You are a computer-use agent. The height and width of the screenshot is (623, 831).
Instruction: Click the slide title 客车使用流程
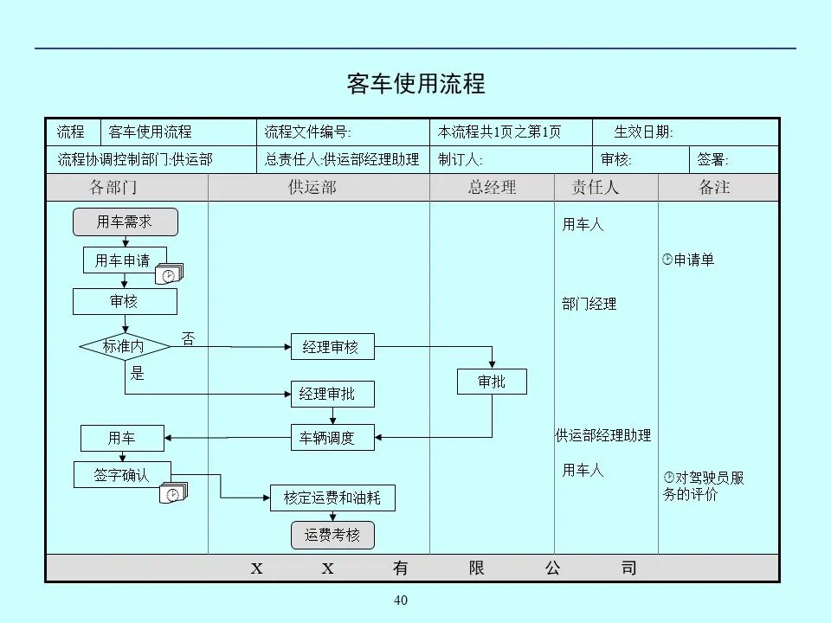point(415,84)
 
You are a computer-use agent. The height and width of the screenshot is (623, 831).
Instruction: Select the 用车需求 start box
point(125,222)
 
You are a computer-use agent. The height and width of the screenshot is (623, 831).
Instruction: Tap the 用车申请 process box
point(122,260)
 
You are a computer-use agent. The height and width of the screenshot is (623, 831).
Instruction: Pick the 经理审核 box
point(331,347)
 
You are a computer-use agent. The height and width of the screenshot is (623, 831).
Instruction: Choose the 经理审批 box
point(332,395)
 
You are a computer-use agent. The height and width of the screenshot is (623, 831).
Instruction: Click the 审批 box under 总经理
point(492,382)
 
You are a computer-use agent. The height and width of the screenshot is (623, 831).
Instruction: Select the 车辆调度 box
point(332,438)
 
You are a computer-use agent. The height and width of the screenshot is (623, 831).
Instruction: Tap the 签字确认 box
point(122,475)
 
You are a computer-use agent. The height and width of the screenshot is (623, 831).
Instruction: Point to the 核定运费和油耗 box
point(332,498)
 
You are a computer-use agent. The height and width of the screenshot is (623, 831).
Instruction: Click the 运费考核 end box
point(332,536)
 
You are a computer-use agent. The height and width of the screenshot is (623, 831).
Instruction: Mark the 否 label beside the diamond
point(188,338)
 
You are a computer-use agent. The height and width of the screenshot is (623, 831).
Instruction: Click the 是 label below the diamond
point(138,374)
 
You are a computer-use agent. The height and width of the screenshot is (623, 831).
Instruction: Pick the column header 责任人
point(596,187)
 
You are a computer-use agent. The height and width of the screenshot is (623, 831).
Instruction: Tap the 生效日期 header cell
point(644,132)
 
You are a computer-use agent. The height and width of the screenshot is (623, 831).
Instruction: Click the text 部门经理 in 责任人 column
point(589,304)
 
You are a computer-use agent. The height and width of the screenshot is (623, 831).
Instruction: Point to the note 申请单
point(690,260)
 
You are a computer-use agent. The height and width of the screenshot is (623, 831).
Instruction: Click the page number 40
point(400,601)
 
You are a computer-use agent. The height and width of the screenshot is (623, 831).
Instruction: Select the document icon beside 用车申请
point(170,274)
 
